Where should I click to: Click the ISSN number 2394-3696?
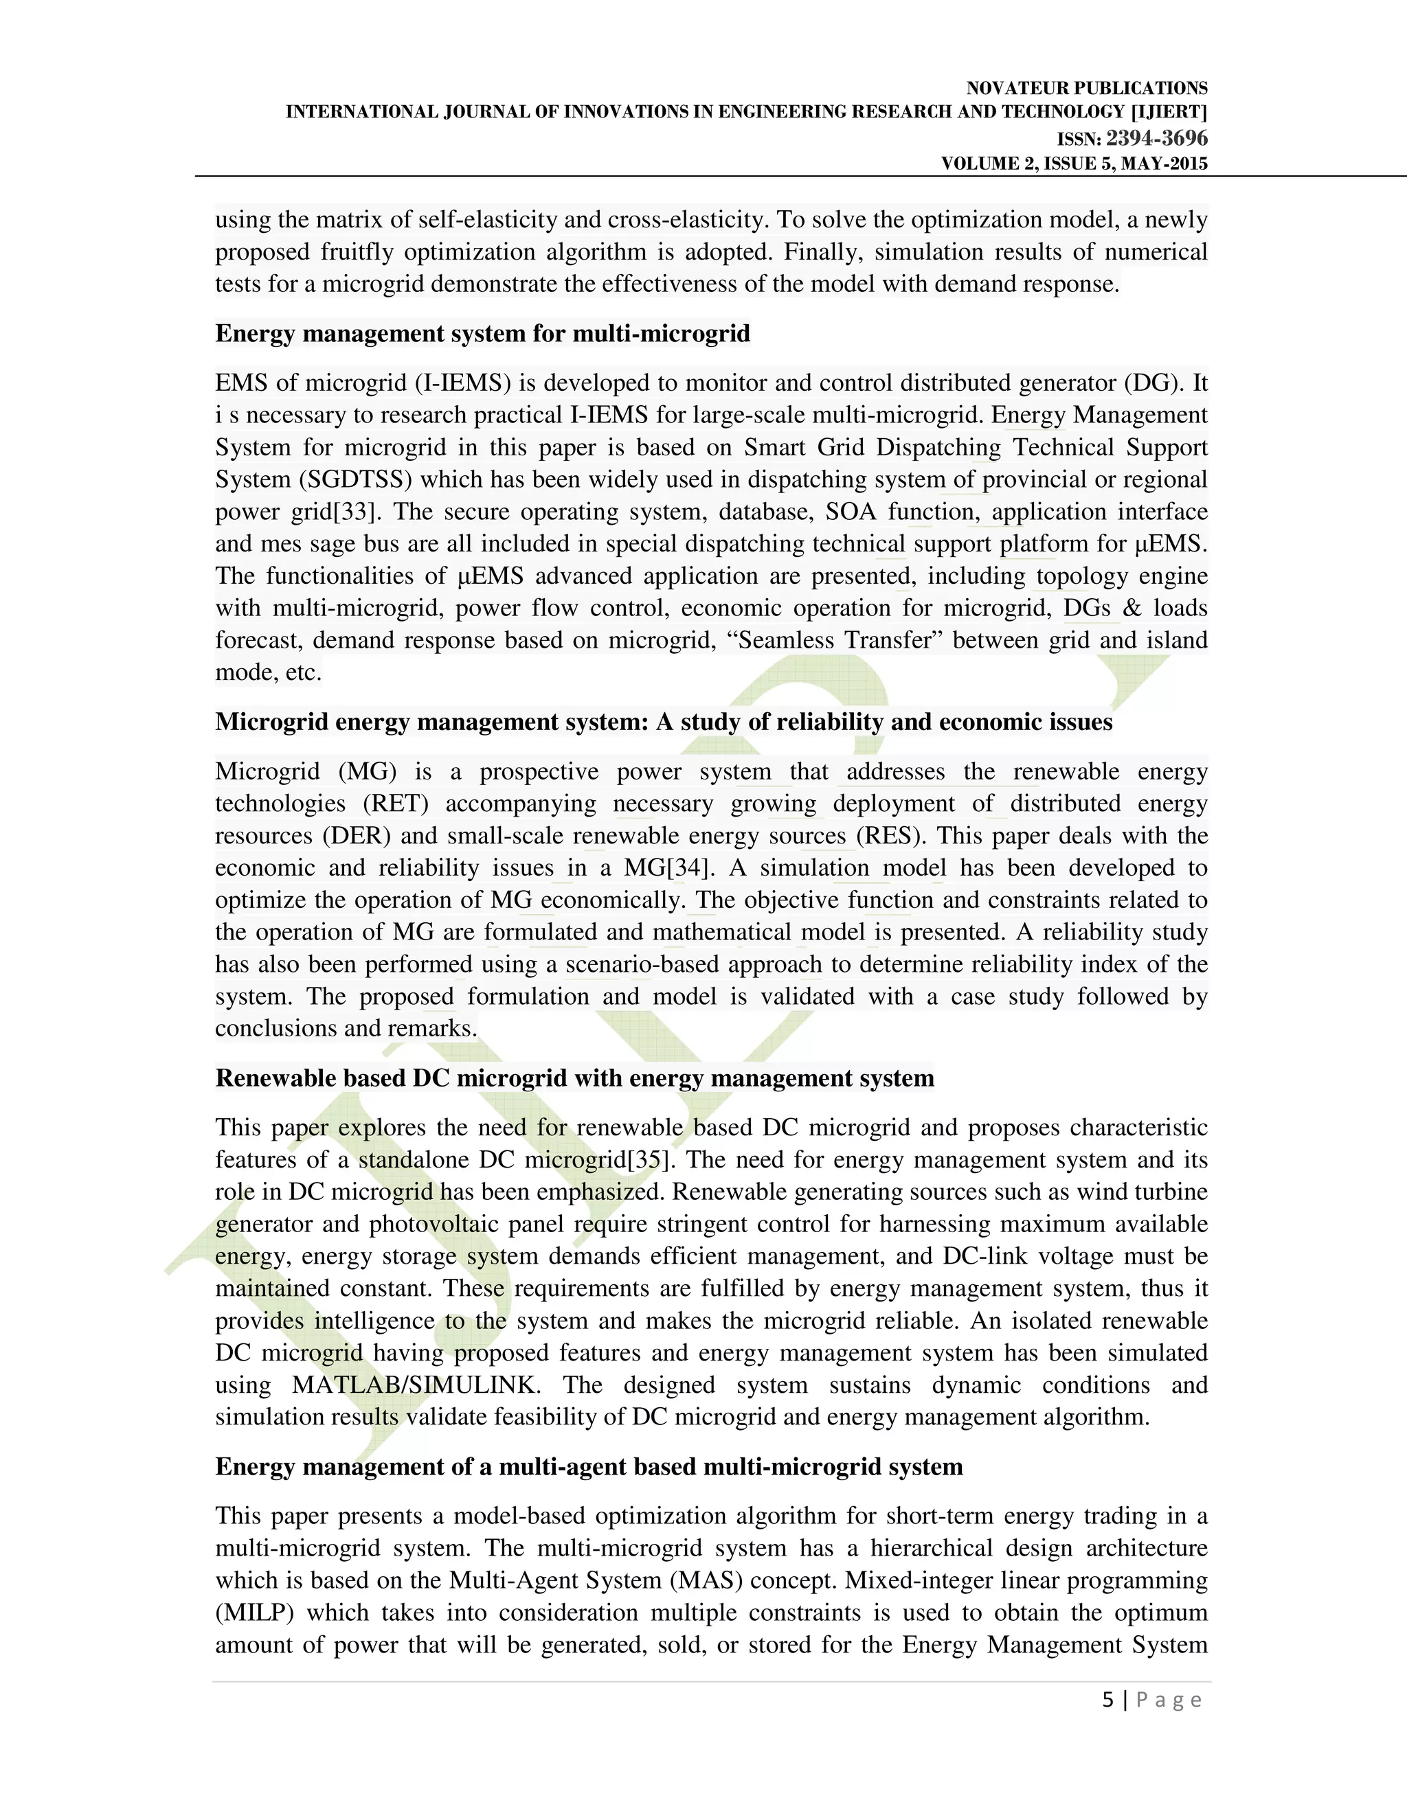pyautogui.click(x=1156, y=138)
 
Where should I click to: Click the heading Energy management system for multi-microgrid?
pyautogui.click(x=482, y=333)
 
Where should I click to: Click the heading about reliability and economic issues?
pyautogui.click(x=664, y=722)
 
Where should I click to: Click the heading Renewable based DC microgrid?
pyautogui.click(x=574, y=1078)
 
